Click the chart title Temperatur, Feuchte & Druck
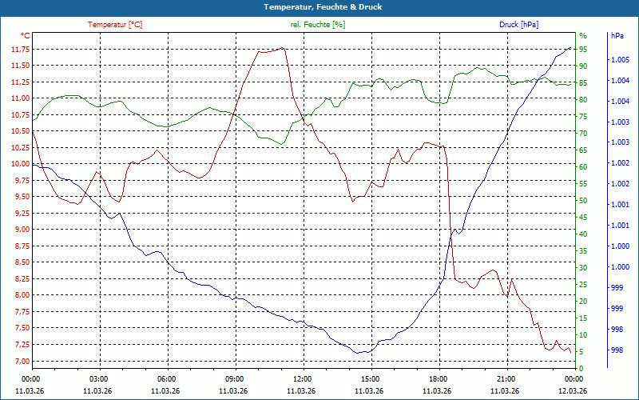pyautogui.click(x=319, y=7)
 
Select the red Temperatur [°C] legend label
pyautogui.click(x=115, y=25)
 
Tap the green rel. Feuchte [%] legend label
pyautogui.click(x=318, y=25)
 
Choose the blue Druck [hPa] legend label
pyautogui.click(x=518, y=25)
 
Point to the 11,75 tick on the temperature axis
pyautogui.click(x=19, y=50)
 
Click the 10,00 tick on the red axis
pyautogui.click(x=19, y=164)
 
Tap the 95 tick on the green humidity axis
pyautogui.click(x=583, y=50)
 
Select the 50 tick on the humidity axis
pyautogui.click(x=583, y=200)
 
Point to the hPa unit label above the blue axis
pyautogui.click(x=617, y=36)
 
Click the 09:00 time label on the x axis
pyautogui.click(x=235, y=378)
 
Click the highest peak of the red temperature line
pyautogui.click(x=284, y=48)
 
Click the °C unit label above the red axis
pyautogui.click(x=25, y=36)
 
